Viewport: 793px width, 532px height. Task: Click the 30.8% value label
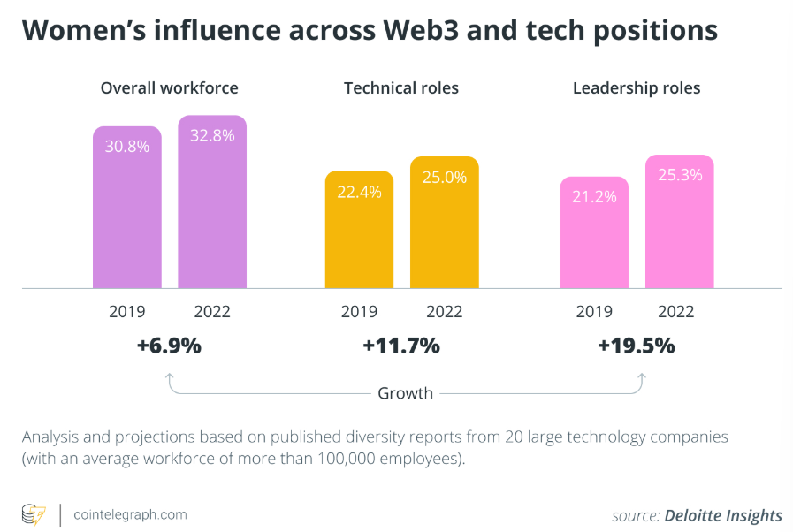tap(127, 147)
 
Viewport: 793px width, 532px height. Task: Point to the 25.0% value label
tap(444, 178)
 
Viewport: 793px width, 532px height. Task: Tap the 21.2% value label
tap(594, 196)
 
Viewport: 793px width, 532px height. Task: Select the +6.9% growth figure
tap(169, 346)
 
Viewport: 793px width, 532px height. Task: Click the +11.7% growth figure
tap(401, 346)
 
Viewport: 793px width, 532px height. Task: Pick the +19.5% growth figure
tap(637, 346)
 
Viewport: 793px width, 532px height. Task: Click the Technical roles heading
tap(401, 88)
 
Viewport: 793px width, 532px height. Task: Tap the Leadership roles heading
tap(637, 88)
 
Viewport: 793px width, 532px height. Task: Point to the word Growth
tap(405, 393)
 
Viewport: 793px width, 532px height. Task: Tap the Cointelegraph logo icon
tap(34, 514)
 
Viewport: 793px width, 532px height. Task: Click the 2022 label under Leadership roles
tap(676, 312)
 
